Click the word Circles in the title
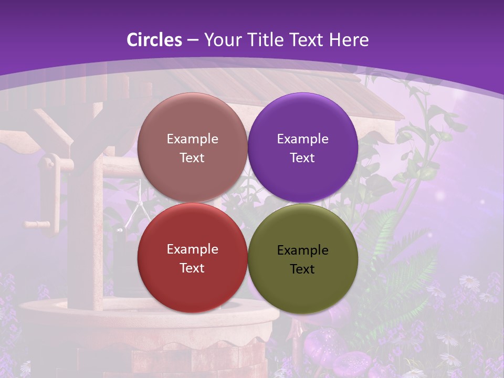154,40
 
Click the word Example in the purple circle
302,139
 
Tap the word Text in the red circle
192,268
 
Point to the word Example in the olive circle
302,250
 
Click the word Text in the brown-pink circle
192,157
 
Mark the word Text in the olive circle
302,269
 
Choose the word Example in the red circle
192,249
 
